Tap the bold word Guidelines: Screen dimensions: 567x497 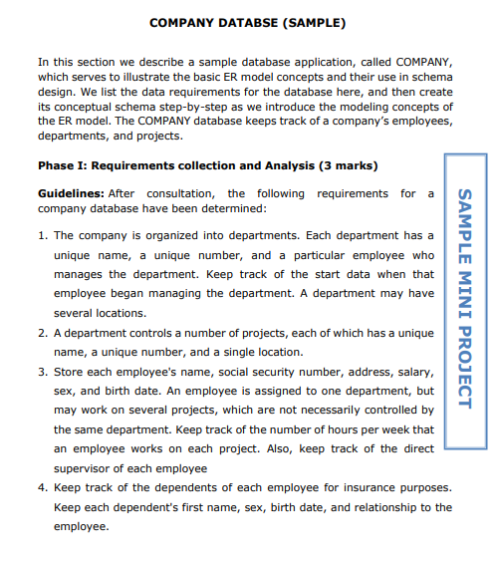coord(73,193)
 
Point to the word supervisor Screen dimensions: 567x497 coord(86,467)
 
